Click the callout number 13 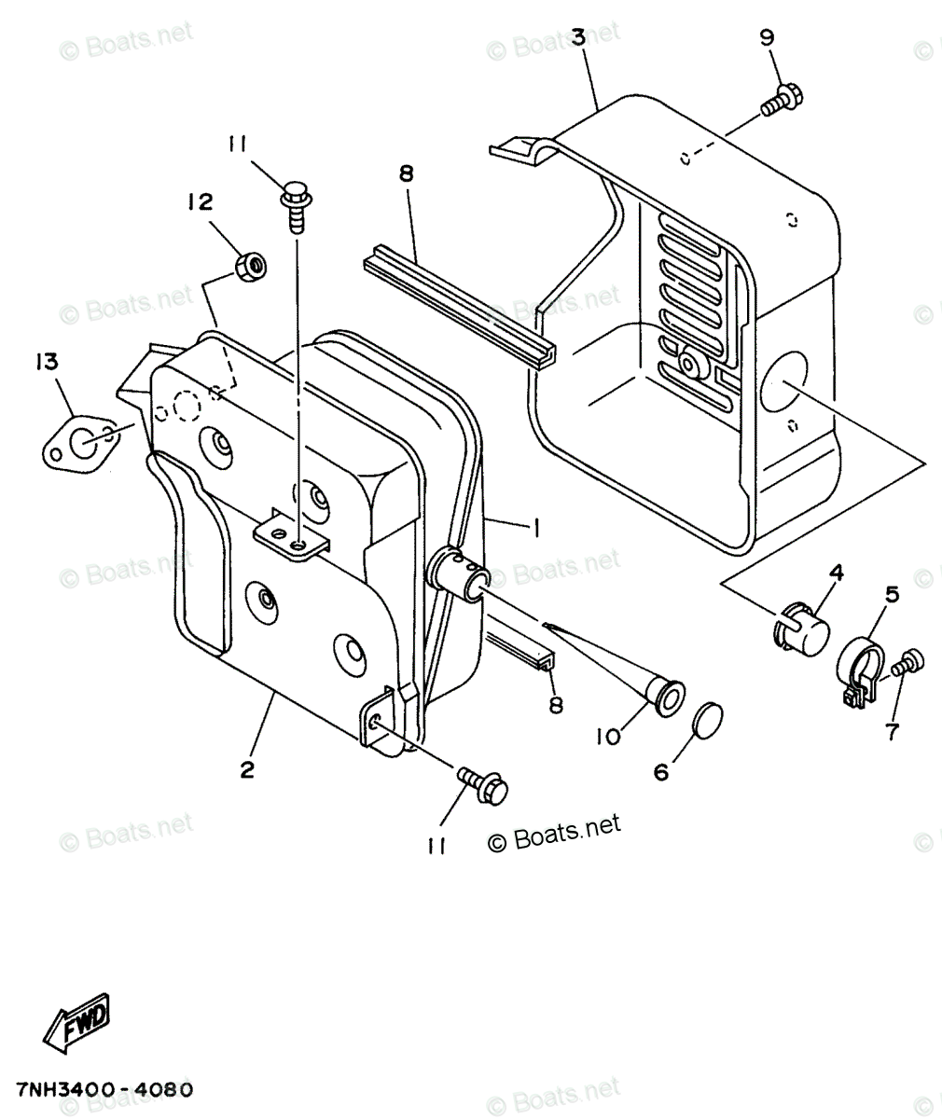[x=46, y=363]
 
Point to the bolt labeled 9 [x=781, y=100]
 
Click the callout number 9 [x=767, y=38]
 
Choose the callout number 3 [x=578, y=38]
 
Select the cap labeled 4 [x=802, y=629]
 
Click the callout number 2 [x=247, y=769]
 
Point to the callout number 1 [x=535, y=528]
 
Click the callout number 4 [x=836, y=572]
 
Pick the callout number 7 [x=892, y=733]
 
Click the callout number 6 [x=661, y=772]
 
